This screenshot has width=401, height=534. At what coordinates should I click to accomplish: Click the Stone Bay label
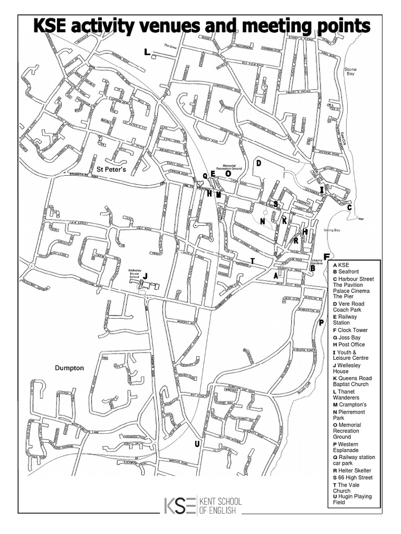[350, 71]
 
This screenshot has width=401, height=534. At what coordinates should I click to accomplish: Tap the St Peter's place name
[112, 168]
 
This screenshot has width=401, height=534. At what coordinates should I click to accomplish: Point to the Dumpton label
[69, 368]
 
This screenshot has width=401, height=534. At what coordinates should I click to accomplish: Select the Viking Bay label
[339, 230]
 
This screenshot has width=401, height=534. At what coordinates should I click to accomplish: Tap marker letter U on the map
[197, 444]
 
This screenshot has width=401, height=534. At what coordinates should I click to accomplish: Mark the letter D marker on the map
[258, 163]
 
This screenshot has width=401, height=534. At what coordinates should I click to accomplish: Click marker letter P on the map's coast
[322, 322]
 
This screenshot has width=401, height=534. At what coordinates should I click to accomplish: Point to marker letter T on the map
[252, 261]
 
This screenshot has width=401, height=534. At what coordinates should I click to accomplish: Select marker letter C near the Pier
[349, 208]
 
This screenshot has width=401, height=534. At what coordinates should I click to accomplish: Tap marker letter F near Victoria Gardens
[326, 257]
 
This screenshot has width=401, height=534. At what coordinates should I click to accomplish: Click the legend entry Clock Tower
[352, 330]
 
